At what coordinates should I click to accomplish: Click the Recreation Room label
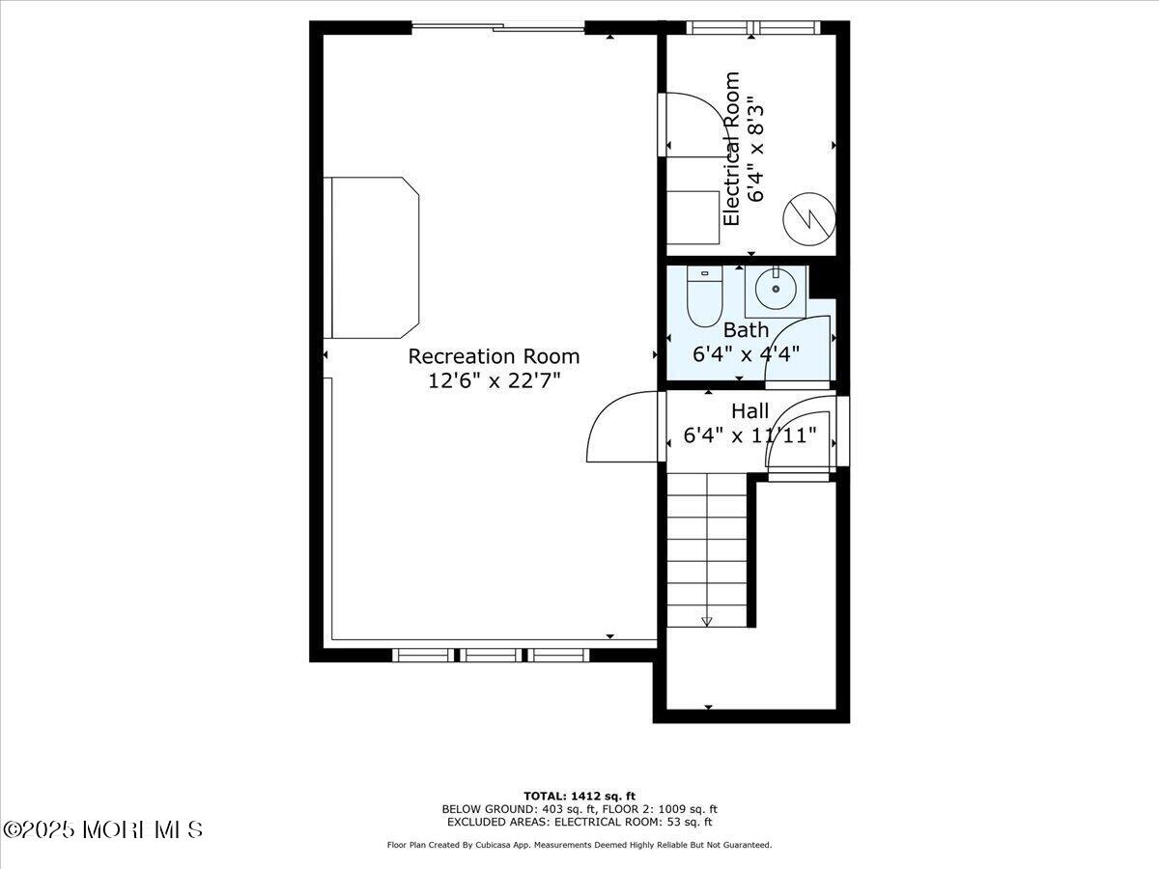pyautogui.click(x=494, y=356)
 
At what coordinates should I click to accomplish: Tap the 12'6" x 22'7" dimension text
pyautogui.click(x=494, y=380)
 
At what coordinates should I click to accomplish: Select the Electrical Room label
pyautogui.click(x=731, y=149)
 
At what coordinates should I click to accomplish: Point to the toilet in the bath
pyautogui.click(x=704, y=295)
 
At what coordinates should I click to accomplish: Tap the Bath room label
pyautogui.click(x=746, y=330)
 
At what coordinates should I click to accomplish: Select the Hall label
pyautogui.click(x=749, y=411)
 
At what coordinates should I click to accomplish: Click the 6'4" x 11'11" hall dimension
pyautogui.click(x=749, y=435)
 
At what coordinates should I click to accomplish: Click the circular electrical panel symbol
pyautogui.click(x=808, y=219)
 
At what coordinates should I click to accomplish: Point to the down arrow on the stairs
pyautogui.click(x=706, y=621)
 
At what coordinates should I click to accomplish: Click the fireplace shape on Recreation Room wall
pyautogui.click(x=375, y=257)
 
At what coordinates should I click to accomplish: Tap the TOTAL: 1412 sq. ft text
pyautogui.click(x=579, y=796)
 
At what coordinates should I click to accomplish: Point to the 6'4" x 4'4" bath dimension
pyautogui.click(x=746, y=353)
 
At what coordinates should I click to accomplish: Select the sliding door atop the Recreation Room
pyautogui.click(x=498, y=28)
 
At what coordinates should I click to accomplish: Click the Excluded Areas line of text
pyautogui.click(x=579, y=823)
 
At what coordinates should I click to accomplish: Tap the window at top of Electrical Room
pyautogui.click(x=752, y=27)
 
